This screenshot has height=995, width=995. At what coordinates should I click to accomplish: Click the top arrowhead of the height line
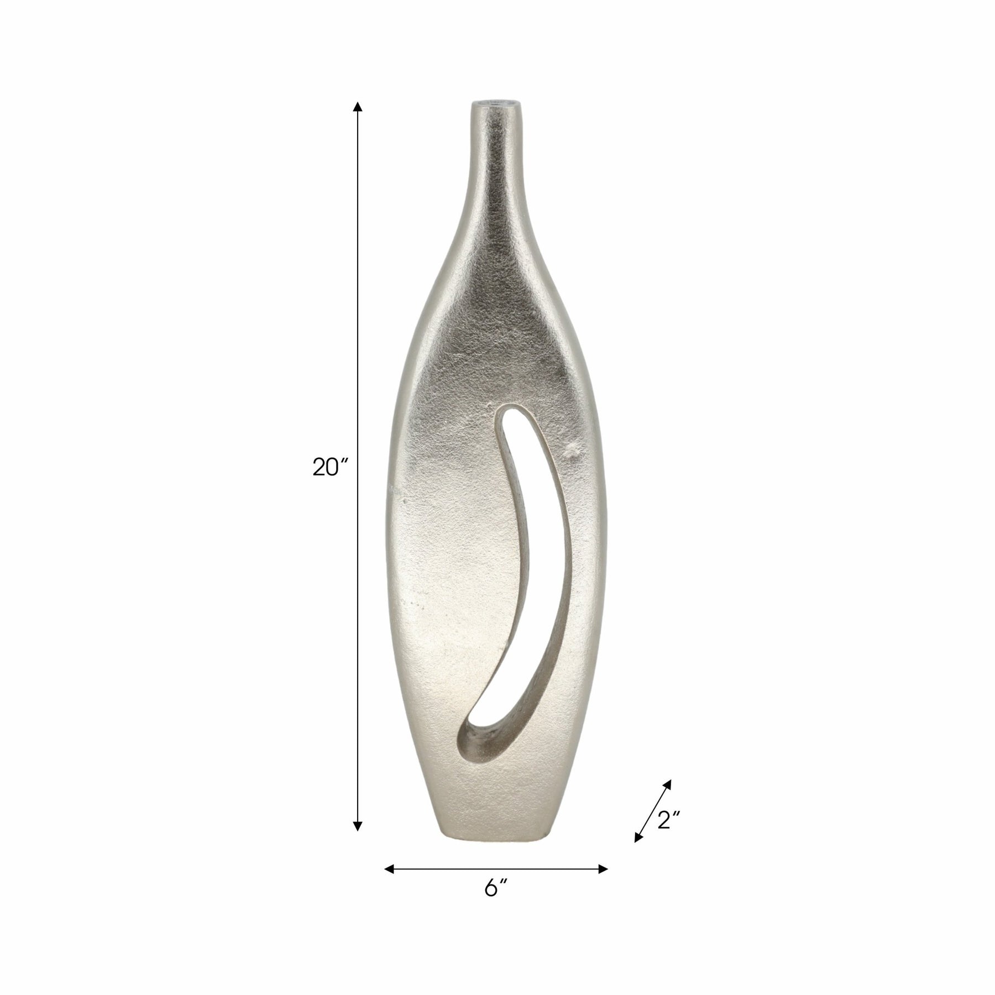click(358, 108)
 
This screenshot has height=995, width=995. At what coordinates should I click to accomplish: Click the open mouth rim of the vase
click(495, 103)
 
